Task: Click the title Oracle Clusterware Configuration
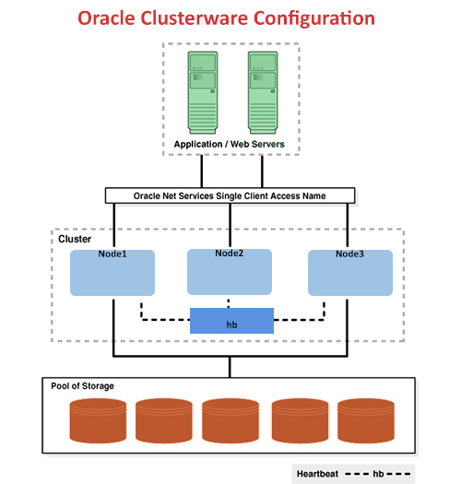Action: [226, 18]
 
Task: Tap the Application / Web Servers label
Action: [230, 145]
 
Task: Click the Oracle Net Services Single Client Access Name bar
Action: [230, 195]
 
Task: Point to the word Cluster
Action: [75, 239]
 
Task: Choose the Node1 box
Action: [111, 272]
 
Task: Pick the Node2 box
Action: [229, 271]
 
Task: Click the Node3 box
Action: [349, 272]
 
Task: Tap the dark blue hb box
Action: [231, 321]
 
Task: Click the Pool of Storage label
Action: [82, 386]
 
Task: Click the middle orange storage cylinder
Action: [230, 420]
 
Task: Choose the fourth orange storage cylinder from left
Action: [299, 420]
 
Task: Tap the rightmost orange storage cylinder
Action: [366, 420]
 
